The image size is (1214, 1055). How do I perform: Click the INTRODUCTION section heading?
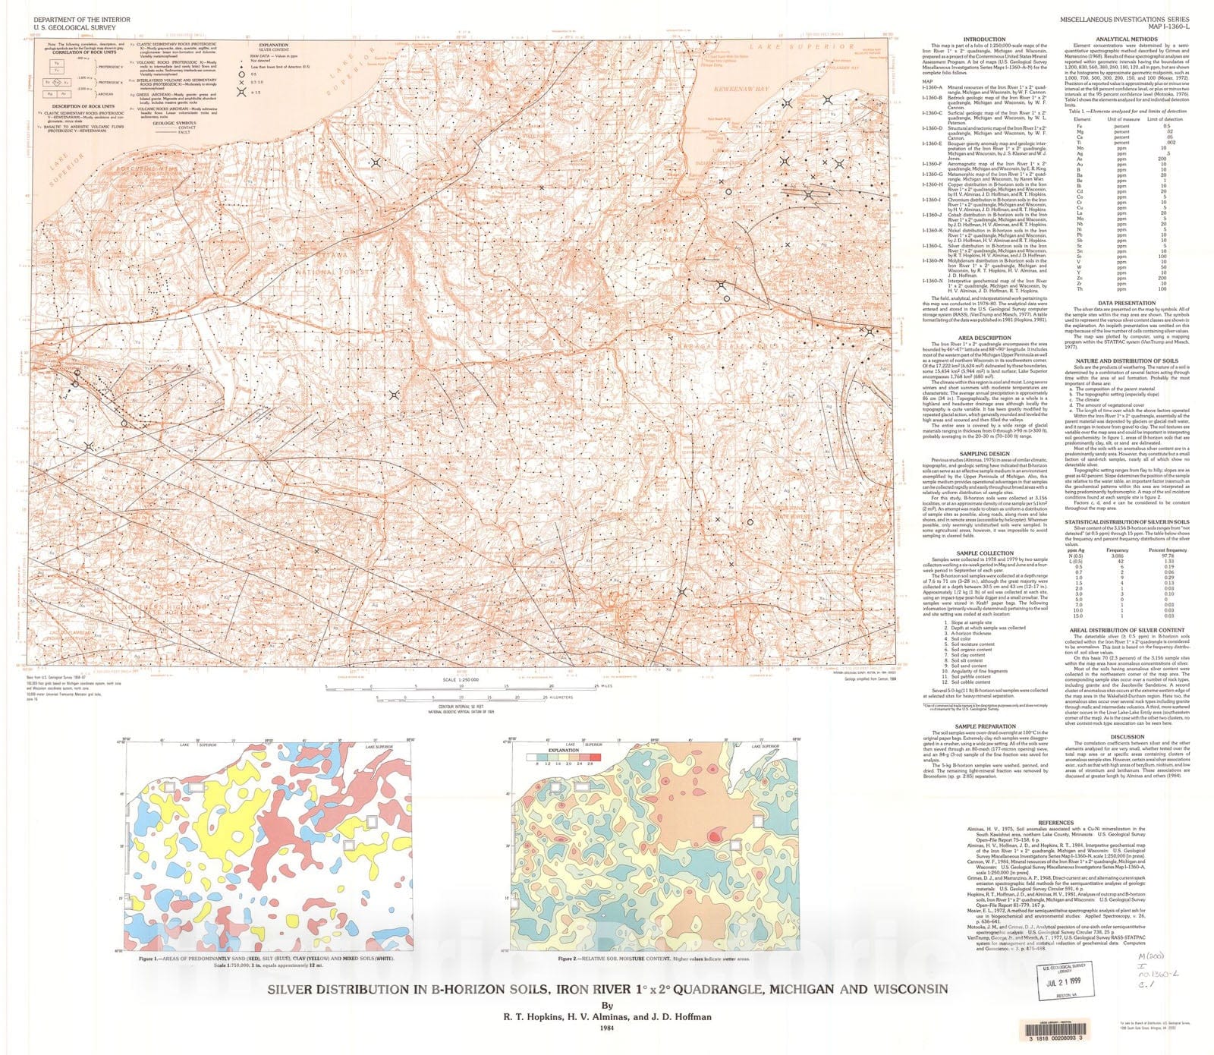984,39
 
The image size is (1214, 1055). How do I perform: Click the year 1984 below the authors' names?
605,1029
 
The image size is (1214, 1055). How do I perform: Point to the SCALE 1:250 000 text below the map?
460,680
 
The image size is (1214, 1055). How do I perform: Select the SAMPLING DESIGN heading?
984,454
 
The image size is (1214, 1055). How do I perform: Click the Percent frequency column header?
1167,550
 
